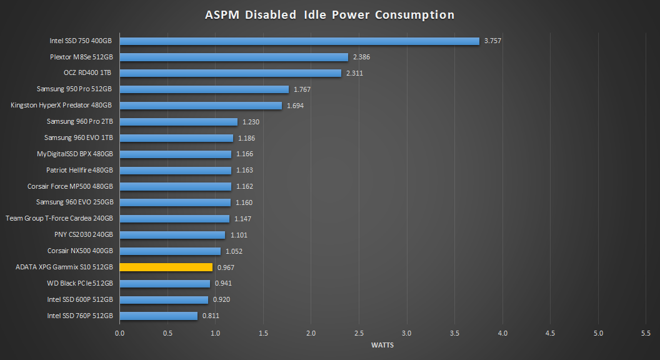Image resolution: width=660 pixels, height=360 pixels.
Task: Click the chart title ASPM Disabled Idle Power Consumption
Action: pyautogui.click(x=329, y=14)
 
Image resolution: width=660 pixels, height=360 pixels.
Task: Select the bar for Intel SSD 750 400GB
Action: pyautogui.click(x=299, y=41)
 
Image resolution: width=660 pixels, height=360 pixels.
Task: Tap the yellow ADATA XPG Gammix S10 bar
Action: pyautogui.click(x=166, y=267)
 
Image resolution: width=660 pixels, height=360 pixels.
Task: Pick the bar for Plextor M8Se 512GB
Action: pyautogui.click(x=233, y=57)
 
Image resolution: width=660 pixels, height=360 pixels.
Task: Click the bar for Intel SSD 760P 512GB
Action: pyautogui.click(x=158, y=316)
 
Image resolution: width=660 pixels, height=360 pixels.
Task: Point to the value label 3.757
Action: pyautogui.click(x=492, y=41)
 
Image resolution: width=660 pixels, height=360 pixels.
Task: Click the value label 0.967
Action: pyautogui.click(x=226, y=267)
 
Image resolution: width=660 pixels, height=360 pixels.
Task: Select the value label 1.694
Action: pyautogui.click(x=295, y=106)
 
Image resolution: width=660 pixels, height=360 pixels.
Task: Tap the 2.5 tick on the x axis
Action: pyautogui.click(x=359, y=334)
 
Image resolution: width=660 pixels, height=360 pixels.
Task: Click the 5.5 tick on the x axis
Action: pyautogui.click(x=646, y=334)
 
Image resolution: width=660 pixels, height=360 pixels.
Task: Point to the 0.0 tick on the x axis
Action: pyautogui.click(x=119, y=334)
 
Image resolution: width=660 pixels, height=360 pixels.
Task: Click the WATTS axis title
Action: pyautogui.click(x=382, y=345)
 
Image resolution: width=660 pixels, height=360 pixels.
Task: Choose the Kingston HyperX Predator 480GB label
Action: pyautogui.click(x=62, y=106)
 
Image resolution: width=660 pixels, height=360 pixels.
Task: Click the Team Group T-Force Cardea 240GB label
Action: pyautogui.click(x=59, y=219)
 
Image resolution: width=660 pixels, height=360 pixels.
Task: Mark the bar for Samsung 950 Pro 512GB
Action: pyautogui.click(x=204, y=89)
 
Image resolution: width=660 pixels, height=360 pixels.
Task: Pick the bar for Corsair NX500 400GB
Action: pyautogui.click(x=170, y=251)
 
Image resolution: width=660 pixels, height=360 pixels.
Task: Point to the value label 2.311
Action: pyautogui.click(x=354, y=73)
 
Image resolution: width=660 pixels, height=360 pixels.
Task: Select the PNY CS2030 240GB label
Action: pyautogui.click(x=84, y=235)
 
